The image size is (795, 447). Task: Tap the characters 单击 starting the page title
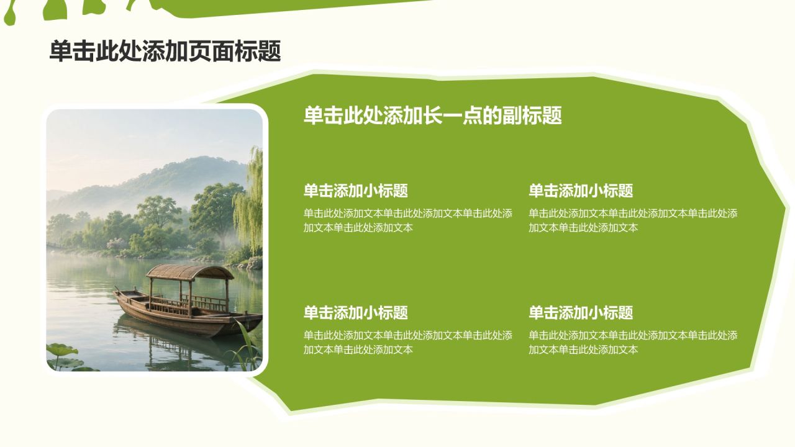73,52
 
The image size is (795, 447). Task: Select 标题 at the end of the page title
258,52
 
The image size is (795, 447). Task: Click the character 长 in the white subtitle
433,115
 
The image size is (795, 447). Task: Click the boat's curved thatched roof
190,272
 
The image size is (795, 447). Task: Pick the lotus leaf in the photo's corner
62,350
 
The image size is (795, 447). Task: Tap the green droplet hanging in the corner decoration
9,17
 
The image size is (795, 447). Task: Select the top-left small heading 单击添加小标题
356,191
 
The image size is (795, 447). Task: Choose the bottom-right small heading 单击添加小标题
581,312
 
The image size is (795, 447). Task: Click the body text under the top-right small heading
633,220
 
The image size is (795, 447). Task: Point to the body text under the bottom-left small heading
408,342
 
